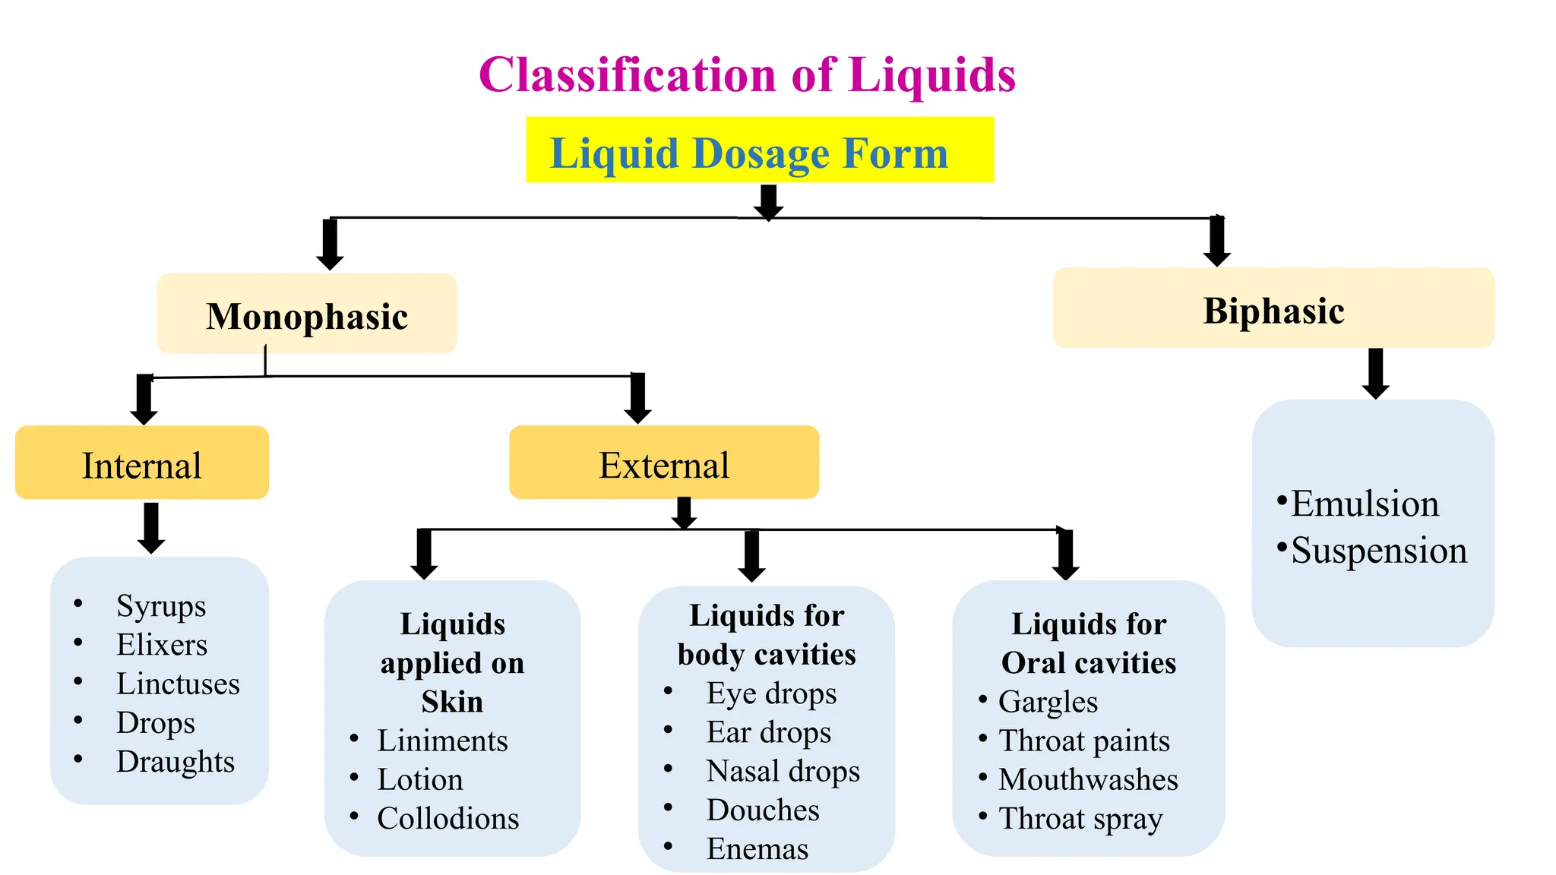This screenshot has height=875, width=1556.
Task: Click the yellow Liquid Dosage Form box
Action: point(759,150)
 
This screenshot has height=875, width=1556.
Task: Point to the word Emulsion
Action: point(1365,504)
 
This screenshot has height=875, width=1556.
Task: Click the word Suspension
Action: point(1378,550)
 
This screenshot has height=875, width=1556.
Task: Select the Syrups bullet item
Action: point(161,605)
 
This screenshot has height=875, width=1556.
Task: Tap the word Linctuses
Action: point(178,684)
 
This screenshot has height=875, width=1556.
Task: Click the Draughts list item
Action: point(176,761)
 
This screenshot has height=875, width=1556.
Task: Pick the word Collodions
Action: point(448,818)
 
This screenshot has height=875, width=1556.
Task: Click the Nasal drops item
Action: point(783,770)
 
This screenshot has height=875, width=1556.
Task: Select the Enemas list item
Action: point(757,848)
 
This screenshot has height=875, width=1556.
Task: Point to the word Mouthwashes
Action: point(1088,779)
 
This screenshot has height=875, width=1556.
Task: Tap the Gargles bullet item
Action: point(1048,701)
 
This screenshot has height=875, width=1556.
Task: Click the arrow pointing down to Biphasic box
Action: point(1216,242)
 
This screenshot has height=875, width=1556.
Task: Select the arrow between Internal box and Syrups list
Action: point(151,527)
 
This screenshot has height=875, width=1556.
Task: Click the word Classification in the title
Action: point(628,75)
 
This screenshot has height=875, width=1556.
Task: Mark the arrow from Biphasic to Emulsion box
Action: point(1375,373)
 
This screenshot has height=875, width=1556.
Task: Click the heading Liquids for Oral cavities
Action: point(1088,643)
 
